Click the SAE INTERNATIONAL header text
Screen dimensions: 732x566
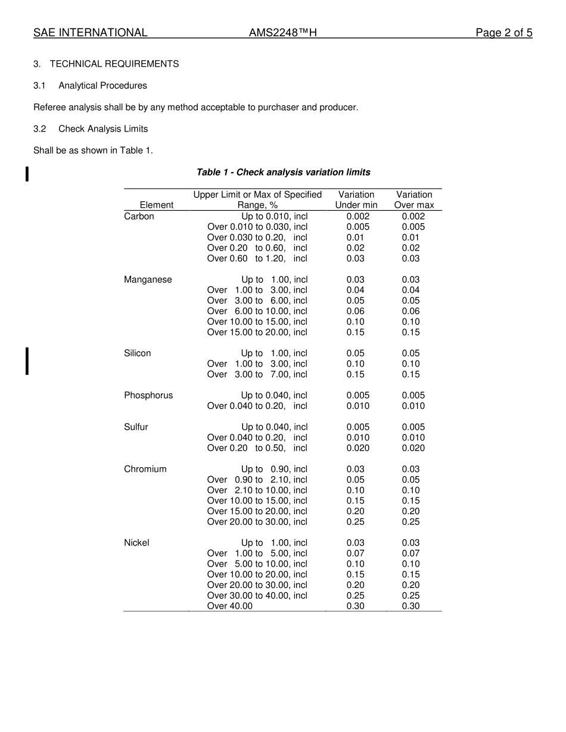pyautogui.click(x=90, y=33)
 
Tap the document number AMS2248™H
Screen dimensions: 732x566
pyautogui.click(x=282, y=33)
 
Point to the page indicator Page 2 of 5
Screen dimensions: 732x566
pyautogui.click(x=503, y=33)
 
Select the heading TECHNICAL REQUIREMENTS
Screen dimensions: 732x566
pyautogui.click(x=114, y=64)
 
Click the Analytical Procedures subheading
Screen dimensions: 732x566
pyautogui.click(x=102, y=86)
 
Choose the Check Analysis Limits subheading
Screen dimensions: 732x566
pyautogui.click(x=103, y=129)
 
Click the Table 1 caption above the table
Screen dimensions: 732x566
pyautogui.click(x=283, y=173)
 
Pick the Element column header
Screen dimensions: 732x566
pyautogui.click(x=157, y=205)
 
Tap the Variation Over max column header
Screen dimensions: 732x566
pyautogui.click(x=414, y=200)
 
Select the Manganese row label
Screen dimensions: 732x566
pyautogui.click(x=148, y=280)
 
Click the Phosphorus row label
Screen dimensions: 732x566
pyautogui.click(x=148, y=396)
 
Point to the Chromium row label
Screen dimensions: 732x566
pyautogui.click(x=145, y=470)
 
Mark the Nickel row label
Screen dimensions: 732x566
pyautogui.click(x=136, y=543)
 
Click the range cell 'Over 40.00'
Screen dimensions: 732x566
pyautogui.click(x=230, y=606)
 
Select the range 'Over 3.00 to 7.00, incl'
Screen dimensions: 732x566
pyautogui.click(x=257, y=375)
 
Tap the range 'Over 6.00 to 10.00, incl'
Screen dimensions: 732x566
pyautogui.click(x=257, y=311)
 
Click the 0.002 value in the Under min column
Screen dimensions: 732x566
pyautogui.click(x=357, y=217)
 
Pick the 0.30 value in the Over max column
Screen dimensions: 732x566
pyautogui.click(x=410, y=606)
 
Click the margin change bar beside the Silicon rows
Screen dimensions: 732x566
pyautogui.click(x=27, y=361)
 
